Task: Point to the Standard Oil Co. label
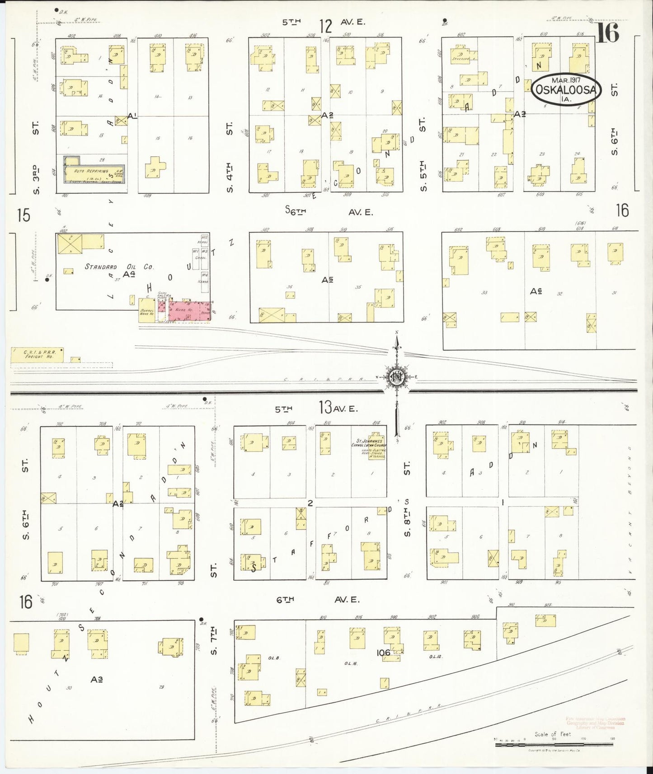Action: [x=119, y=266]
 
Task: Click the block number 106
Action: [x=382, y=652]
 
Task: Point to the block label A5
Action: [x=328, y=280]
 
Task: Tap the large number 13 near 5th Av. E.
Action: [x=325, y=408]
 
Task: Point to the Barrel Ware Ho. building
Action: [x=147, y=311]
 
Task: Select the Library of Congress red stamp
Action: [x=595, y=723]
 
